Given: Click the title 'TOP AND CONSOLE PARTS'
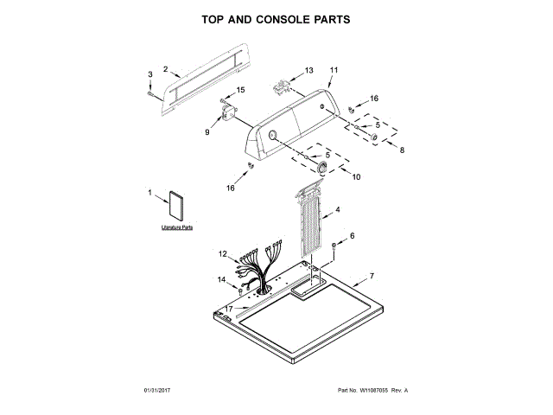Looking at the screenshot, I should (276, 18).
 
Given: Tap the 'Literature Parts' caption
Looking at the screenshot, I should (176, 227).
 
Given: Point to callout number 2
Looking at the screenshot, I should (165, 68).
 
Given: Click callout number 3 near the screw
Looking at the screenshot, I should (149, 75).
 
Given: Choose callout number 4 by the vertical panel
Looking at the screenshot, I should (337, 210).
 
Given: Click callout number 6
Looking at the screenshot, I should (352, 235).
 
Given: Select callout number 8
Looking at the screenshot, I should (400, 149).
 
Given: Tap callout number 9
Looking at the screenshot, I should (207, 132).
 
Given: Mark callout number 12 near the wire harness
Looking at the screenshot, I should (222, 253).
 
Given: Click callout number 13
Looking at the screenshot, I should (309, 70).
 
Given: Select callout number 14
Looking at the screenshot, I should (222, 279).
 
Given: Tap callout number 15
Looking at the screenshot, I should (241, 90).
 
